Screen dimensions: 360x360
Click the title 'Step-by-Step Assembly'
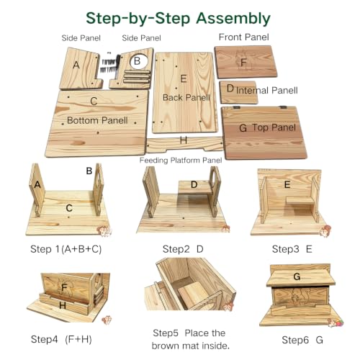178,19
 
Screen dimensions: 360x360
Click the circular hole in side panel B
139,61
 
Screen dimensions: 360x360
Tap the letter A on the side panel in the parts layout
76,65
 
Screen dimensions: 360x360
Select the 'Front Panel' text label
244,37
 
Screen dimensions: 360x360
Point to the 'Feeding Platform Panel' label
181,160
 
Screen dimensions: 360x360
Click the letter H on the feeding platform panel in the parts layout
184,140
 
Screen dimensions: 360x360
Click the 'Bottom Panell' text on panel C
97,120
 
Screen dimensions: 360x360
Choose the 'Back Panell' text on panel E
186,97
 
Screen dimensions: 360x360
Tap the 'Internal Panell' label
267,91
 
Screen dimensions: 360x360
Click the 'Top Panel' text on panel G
274,127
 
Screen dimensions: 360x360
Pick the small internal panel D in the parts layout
238,92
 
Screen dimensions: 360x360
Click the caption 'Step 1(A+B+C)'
66,249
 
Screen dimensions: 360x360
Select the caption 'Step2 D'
183,249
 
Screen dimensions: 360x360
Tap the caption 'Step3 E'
292,249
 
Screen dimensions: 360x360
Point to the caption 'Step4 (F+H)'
61,339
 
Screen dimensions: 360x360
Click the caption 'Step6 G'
302,340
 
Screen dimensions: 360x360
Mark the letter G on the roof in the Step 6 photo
297,276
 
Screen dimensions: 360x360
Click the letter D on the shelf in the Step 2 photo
194,185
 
